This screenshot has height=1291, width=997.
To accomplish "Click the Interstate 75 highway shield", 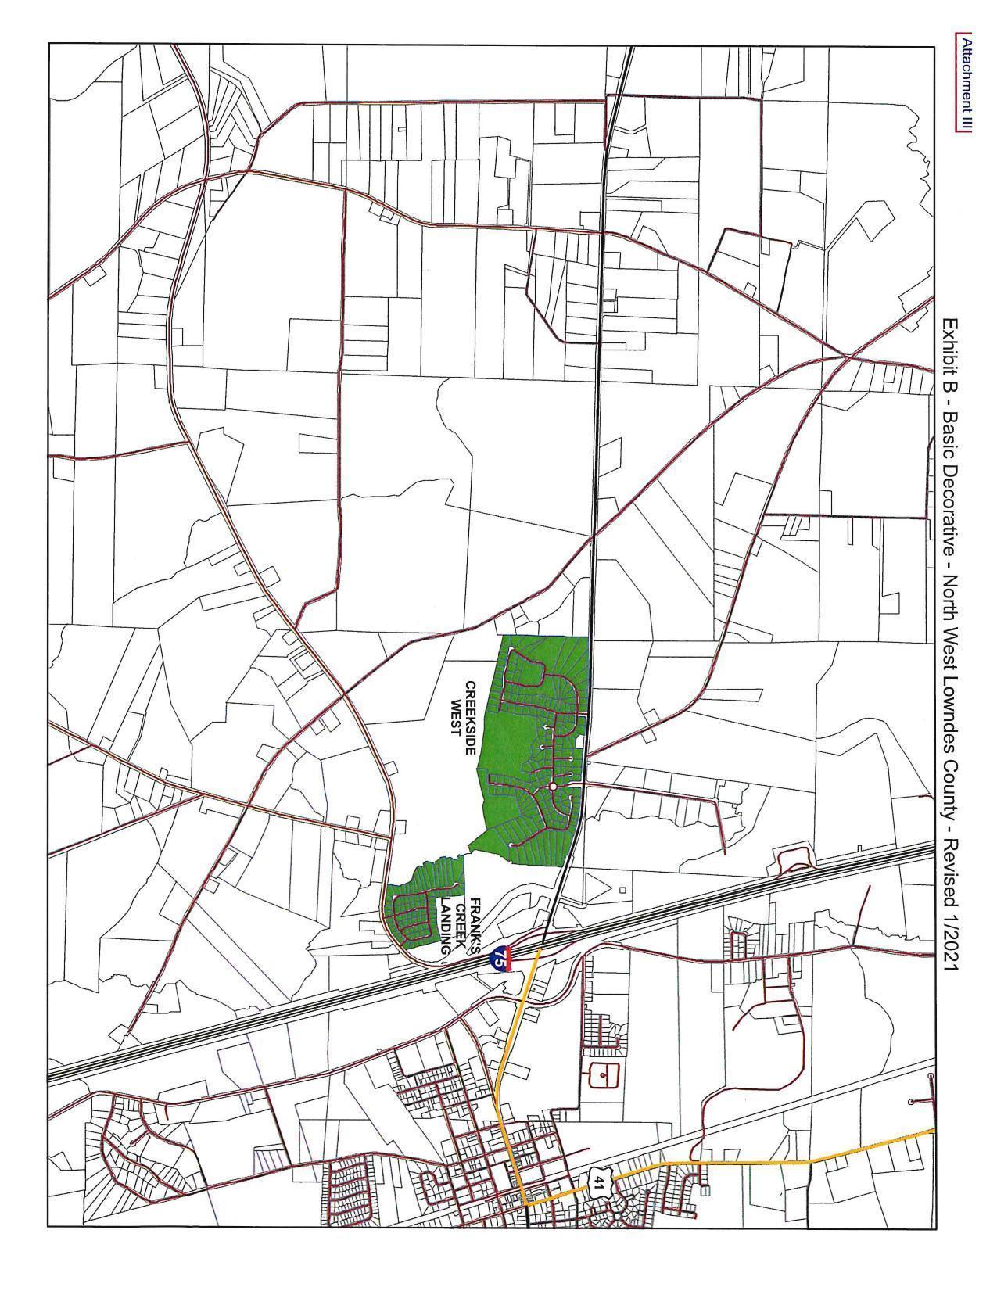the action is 500,957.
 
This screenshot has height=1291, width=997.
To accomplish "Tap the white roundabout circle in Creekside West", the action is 553,786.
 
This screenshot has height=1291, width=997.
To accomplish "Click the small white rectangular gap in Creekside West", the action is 579,739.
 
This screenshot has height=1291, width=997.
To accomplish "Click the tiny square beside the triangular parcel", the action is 622,890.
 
